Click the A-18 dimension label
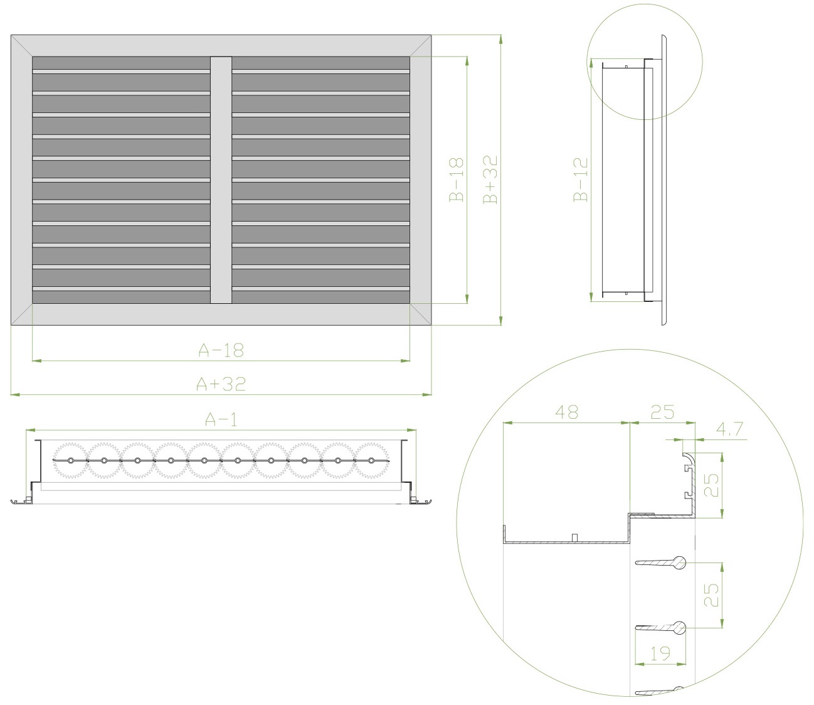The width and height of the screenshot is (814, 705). pyautogui.click(x=221, y=350)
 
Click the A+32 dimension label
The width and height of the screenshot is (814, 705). pyautogui.click(x=221, y=383)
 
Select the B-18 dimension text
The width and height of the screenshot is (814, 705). pyautogui.click(x=457, y=180)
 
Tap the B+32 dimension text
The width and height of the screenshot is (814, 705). pyautogui.click(x=490, y=180)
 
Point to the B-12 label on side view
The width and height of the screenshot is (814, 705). pyautogui.click(x=581, y=180)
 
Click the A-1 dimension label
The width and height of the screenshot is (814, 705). pyautogui.click(x=221, y=419)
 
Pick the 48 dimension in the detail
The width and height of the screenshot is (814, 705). pyautogui.click(x=567, y=412)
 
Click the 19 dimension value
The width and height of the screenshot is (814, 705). pyautogui.click(x=660, y=654)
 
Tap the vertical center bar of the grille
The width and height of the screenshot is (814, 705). pyautogui.click(x=221, y=180)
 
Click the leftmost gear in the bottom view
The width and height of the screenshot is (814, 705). pyautogui.click(x=70, y=461)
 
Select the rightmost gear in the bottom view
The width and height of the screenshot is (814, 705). pyautogui.click(x=371, y=461)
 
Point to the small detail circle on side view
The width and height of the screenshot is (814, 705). pyautogui.click(x=645, y=62)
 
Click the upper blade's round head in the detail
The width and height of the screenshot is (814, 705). pyautogui.click(x=680, y=563)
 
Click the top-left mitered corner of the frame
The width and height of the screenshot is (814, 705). pyautogui.click(x=22, y=46)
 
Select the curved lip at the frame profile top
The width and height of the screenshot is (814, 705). pyautogui.click(x=689, y=458)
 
